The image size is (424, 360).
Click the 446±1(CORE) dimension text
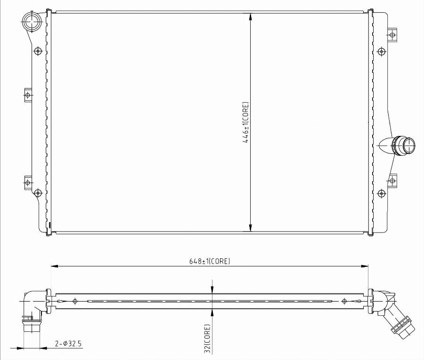[246, 122]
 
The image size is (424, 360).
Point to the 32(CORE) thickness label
[207, 338]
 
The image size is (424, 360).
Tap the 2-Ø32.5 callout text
[68, 344]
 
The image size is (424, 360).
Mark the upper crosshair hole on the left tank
[38, 51]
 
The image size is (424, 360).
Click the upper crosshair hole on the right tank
[381, 51]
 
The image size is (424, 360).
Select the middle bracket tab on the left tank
[27, 95]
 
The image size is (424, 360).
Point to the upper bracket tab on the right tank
[392, 34]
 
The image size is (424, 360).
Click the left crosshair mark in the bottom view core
[74, 301]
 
